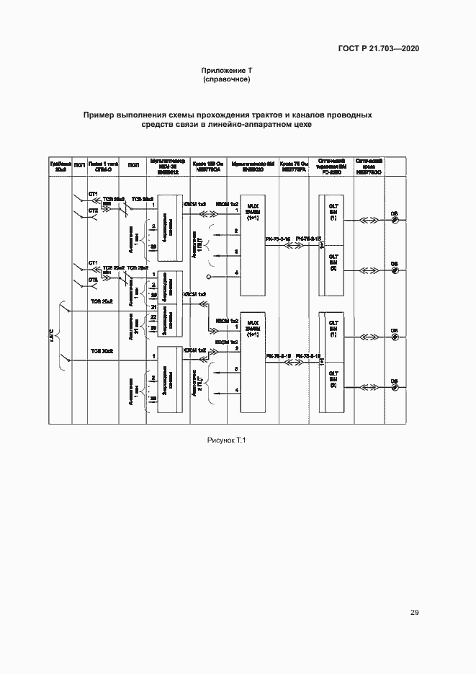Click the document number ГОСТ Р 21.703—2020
(380, 48)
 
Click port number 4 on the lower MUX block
(236, 390)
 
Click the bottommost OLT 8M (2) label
(333, 379)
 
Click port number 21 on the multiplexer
(153, 306)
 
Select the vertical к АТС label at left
(52, 333)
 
